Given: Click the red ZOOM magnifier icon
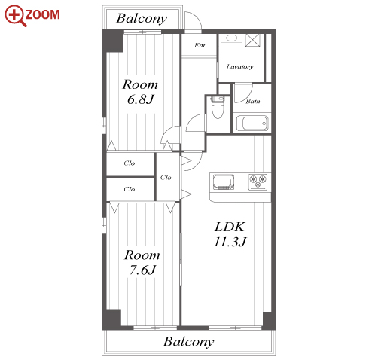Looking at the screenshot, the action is point(16,16).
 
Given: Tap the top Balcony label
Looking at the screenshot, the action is point(142,19).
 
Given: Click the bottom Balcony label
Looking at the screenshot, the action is point(189,342).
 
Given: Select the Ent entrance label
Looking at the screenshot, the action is point(200,45).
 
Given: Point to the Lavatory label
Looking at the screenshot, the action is point(239,67).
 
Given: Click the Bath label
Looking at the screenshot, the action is point(253,101).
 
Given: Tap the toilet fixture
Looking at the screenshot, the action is point(218,108).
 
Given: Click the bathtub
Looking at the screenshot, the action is point(252,123).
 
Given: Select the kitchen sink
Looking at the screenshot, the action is point(224,182).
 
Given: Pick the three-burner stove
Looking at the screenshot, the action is point(258,182).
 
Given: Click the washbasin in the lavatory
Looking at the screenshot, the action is point(231,38).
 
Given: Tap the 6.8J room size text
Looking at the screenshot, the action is point(140,99).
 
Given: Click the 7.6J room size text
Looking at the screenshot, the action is point(142,270).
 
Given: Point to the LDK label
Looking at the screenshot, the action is point(230,227).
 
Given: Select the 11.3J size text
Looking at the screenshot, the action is point(230,242).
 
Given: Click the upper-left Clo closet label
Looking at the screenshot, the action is point(130,163).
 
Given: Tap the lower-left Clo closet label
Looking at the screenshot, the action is point(130,189).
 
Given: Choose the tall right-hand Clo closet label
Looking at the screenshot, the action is point(166,178).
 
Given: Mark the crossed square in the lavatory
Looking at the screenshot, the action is point(253,40).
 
